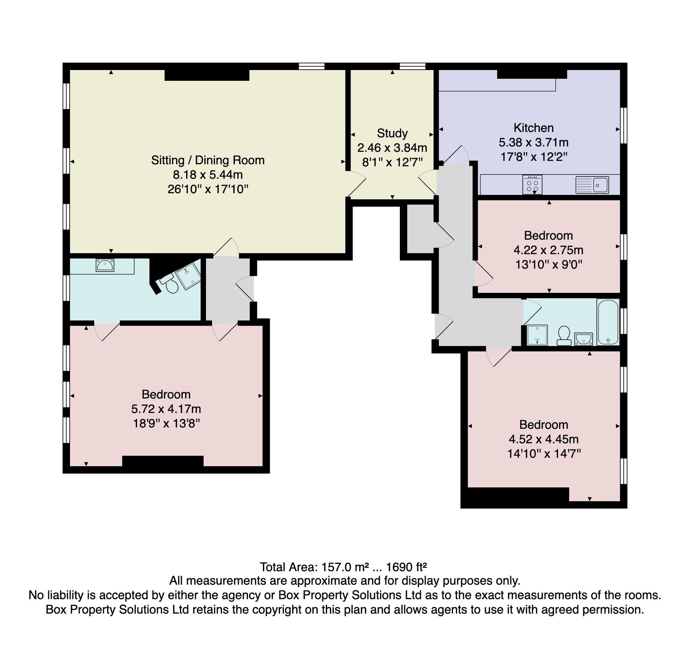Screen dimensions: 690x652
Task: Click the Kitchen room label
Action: [x=534, y=128]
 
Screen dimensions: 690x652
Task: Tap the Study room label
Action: [x=392, y=133]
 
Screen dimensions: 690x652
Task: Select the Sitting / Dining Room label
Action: [x=208, y=160]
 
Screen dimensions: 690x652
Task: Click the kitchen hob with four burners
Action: [x=532, y=184]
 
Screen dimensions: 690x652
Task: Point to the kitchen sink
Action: [x=592, y=185]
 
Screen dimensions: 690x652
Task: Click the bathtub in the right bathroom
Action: [x=608, y=322]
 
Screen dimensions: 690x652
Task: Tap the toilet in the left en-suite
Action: [x=169, y=284]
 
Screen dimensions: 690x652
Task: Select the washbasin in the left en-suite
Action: [x=105, y=265]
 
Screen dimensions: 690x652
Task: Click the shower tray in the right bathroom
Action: [x=537, y=335]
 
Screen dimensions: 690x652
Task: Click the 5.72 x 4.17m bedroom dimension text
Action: [x=166, y=409]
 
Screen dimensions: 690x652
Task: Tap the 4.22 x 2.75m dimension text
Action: [x=549, y=250]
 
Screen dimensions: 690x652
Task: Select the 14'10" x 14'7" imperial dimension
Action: [x=544, y=454]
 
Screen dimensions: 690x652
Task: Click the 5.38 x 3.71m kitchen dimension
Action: [x=534, y=142]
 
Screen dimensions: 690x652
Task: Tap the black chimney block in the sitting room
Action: [x=207, y=75]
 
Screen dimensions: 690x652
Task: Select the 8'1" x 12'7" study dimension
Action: [x=393, y=162]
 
